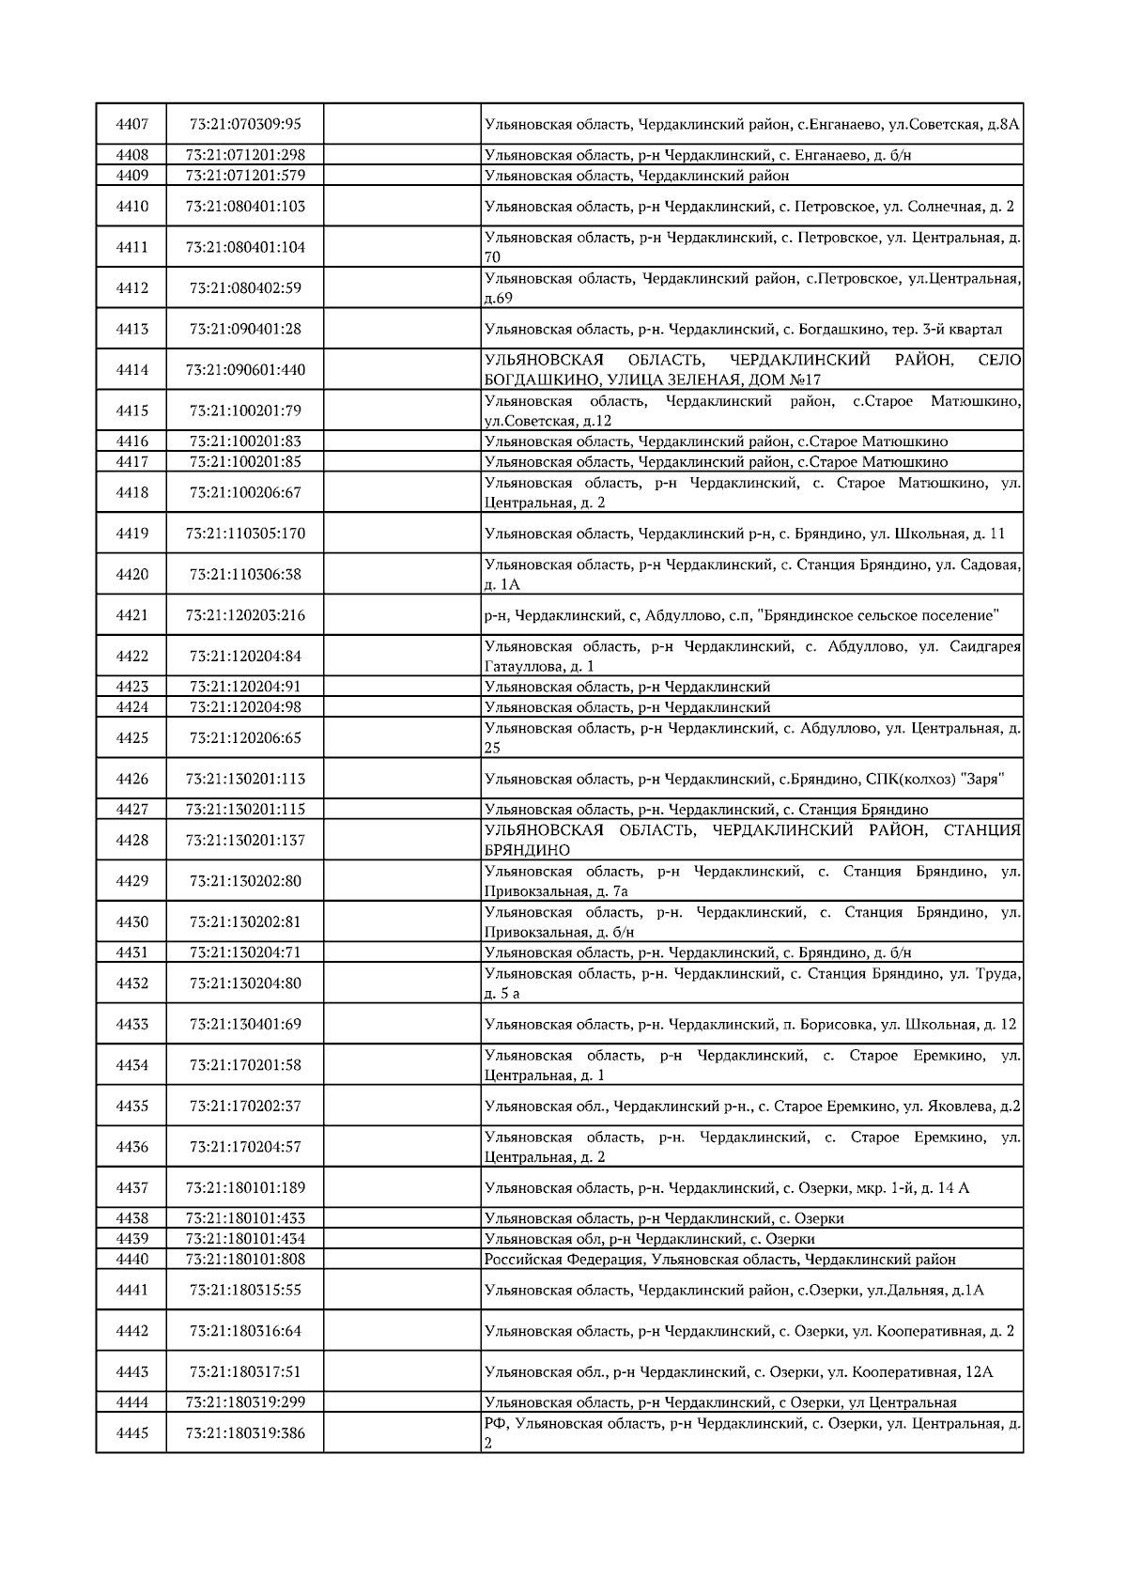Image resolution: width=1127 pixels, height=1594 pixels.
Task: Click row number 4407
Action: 131,124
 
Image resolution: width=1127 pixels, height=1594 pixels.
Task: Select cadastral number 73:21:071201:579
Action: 245,176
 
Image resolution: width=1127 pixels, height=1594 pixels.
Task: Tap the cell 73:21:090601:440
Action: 245,370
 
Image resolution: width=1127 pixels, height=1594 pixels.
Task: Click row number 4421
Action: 131,615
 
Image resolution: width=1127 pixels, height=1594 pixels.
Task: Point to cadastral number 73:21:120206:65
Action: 245,738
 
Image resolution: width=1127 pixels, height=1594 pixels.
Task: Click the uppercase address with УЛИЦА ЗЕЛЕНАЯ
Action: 751,370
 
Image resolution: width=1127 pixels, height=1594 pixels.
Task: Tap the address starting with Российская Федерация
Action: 719,1260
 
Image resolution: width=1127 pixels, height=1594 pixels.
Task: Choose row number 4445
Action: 131,1433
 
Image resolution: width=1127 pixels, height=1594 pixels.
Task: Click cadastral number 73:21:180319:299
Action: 245,1402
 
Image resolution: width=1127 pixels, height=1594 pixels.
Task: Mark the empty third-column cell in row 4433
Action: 402,1024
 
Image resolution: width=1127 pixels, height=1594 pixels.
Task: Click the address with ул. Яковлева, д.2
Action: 751,1107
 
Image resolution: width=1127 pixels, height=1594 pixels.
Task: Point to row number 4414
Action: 131,370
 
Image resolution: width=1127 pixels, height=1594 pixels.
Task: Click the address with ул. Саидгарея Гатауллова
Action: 751,657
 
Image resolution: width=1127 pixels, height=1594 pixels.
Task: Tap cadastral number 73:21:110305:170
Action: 245,534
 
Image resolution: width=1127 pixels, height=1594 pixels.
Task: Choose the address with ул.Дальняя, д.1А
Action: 733,1291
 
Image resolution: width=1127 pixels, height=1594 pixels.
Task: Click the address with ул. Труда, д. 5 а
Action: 751,983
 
